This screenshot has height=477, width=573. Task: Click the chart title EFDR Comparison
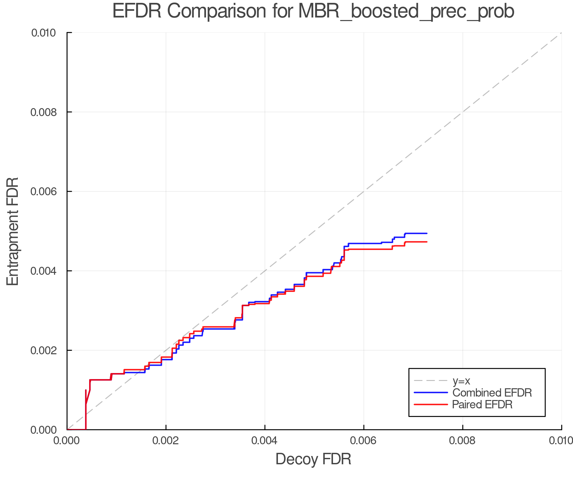point(313,11)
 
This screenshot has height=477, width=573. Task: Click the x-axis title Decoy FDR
point(313,459)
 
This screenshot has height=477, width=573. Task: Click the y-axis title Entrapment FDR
point(13,231)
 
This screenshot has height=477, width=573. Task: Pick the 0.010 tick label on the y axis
point(48,33)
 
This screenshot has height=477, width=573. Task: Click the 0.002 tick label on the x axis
point(166,441)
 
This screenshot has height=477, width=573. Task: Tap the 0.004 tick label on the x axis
point(265,441)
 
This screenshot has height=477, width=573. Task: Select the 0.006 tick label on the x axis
point(364,441)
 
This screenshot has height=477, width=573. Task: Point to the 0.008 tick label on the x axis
point(463,441)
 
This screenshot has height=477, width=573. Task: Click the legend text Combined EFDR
point(492,393)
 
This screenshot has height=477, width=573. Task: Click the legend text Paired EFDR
point(482,404)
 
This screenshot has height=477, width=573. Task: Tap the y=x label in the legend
point(461,381)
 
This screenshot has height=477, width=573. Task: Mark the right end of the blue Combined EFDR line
point(427,233)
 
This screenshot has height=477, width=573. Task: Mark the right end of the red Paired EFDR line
point(427,242)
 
